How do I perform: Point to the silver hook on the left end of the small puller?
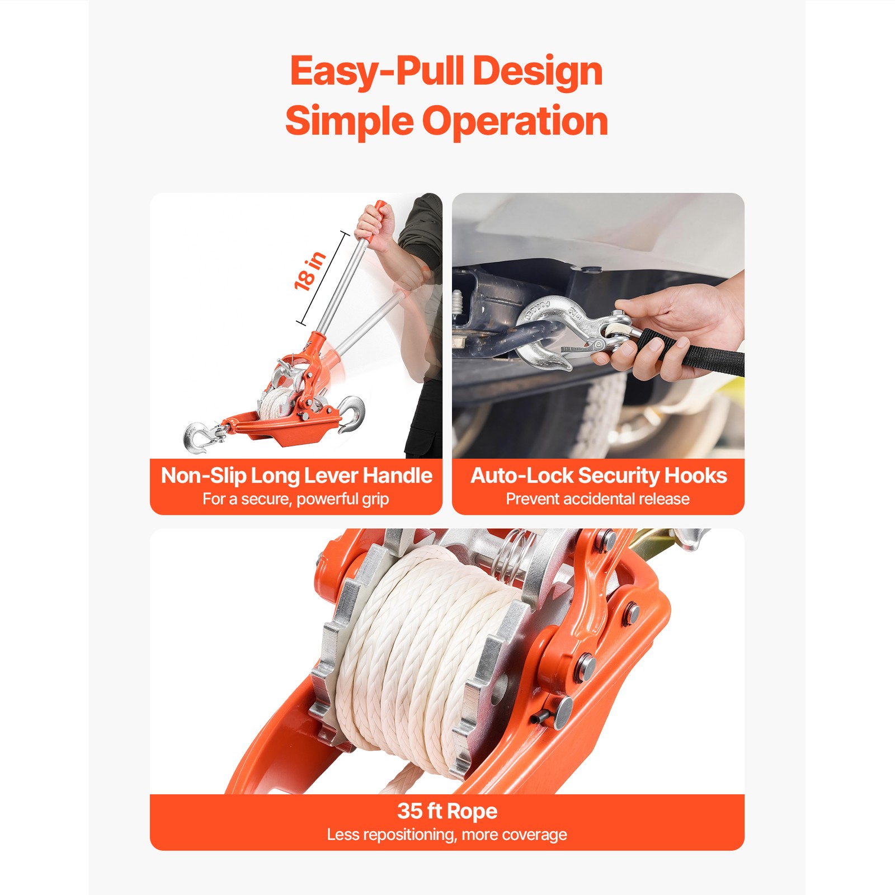pos(199,437)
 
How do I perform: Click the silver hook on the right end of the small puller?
pos(352,413)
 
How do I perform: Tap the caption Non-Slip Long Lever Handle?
pos(296,475)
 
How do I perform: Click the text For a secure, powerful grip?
pos(295,499)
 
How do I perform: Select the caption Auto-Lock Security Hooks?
pos(598,475)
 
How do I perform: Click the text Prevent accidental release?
pos(597,499)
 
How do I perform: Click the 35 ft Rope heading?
pos(447,811)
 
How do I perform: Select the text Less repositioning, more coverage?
pos(447,835)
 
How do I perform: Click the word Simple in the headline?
pos(349,121)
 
